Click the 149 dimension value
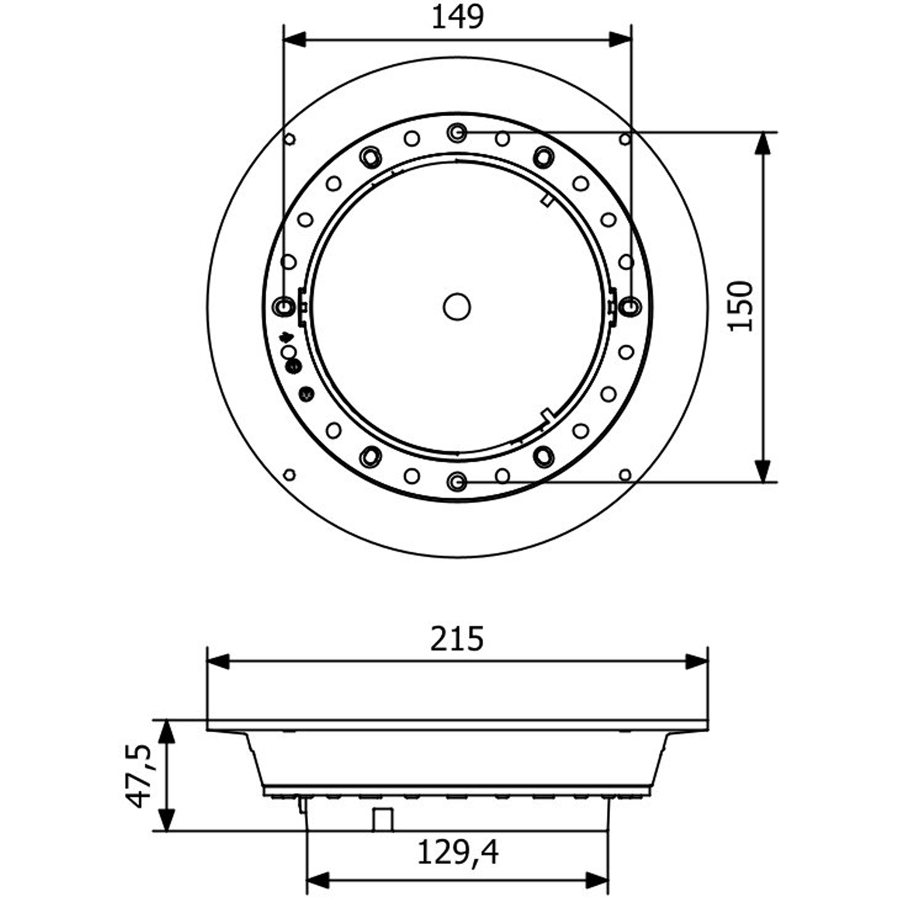(457, 17)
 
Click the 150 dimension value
(741, 306)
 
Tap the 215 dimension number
(457, 639)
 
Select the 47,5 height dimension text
(139, 776)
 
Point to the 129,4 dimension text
(458, 853)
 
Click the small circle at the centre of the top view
(457, 307)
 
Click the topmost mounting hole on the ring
(457, 133)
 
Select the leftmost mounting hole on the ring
(284, 305)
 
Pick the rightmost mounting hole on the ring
(630, 305)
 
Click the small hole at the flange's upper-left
(290, 139)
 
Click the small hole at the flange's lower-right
(625, 474)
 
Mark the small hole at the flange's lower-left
(290, 474)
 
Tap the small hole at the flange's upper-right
(625, 139)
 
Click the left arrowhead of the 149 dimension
(294, 39)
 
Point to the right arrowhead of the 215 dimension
(697, 662)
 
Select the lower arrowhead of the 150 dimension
(762, 471)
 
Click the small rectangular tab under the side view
(383, 820)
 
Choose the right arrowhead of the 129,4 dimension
(598, 879)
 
